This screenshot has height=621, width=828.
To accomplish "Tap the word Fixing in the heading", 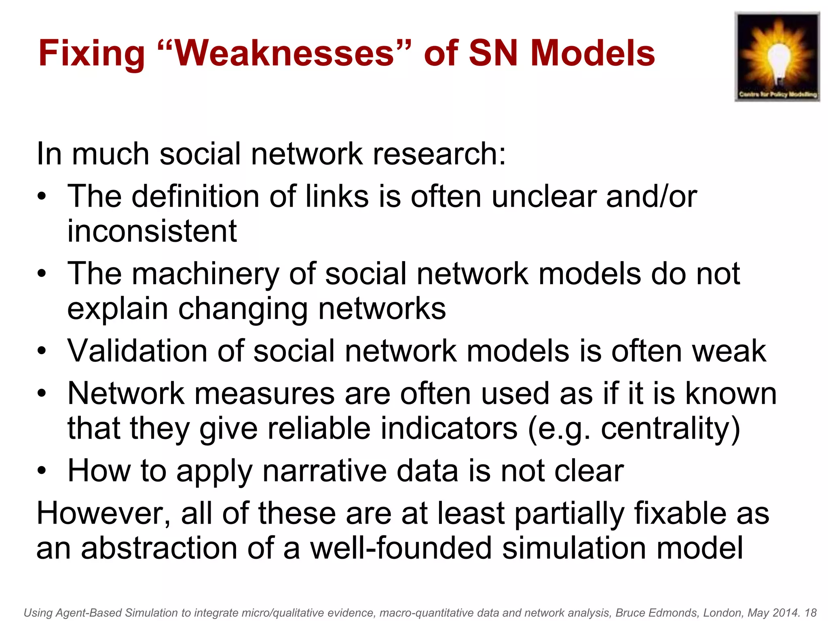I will click(x=91, y=54).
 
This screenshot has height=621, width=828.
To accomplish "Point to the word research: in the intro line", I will click(x=439, y=154).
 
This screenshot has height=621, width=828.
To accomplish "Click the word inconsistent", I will click(x=152, y=231).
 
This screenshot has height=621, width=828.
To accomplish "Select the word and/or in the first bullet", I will click(x=651, y=196).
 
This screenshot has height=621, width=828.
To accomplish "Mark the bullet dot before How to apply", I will click(x=42, y=471).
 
